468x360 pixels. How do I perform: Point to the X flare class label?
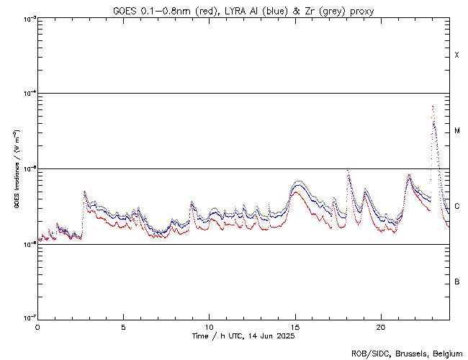point(456,55)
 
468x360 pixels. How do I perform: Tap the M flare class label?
point(456,131)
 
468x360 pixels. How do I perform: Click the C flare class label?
point(456,207)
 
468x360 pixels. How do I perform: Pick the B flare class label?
point(456,282)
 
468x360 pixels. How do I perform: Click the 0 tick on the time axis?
point(37,326)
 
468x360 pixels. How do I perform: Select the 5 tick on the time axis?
point(123,326)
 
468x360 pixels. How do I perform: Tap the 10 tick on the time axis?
point(209,326)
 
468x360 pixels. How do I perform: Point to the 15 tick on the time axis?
point(295,326)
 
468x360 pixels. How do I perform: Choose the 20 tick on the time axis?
point(381,326)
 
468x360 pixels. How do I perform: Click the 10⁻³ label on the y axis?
point(29,18)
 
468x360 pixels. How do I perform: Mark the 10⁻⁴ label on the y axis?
point(29,93)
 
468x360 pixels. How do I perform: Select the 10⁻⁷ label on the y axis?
point(29,318)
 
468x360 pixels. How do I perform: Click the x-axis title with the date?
point(244,336)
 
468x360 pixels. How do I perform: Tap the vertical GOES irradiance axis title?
point(16,168)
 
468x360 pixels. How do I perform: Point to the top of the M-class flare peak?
point(432,107)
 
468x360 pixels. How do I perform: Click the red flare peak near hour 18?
point(348,171)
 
